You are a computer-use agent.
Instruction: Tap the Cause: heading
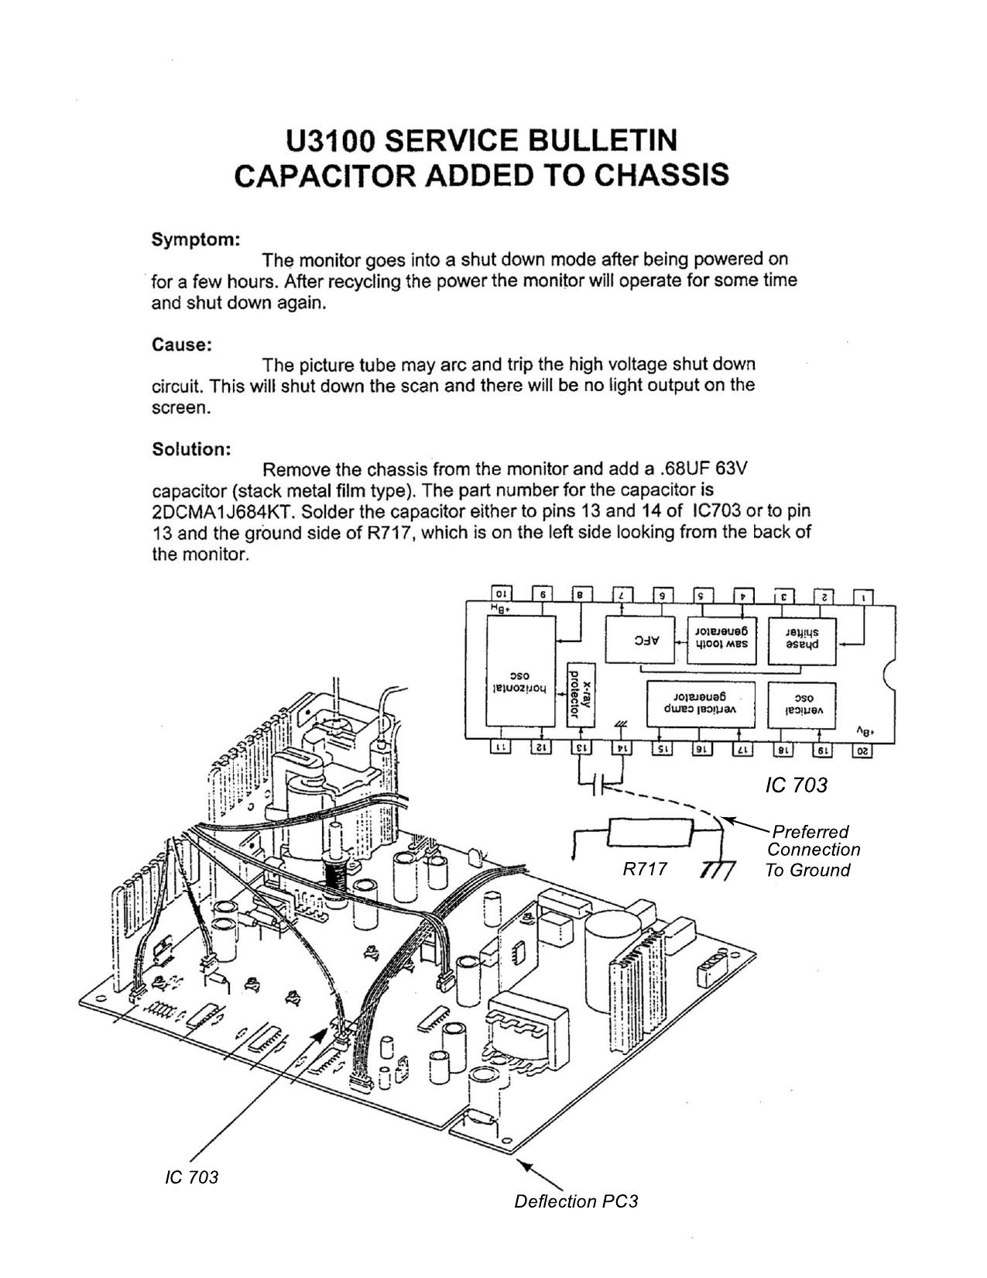(x=182, y=345)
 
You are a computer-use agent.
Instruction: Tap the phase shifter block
(x=802, y=640)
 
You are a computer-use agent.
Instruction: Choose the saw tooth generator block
(x=721, y=640)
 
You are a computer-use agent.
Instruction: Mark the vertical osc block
(x=802, y=704)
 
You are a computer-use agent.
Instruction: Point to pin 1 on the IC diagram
(x=862, y=596)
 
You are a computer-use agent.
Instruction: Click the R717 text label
(x=645, y=870)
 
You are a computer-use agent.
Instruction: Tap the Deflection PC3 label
(x=575, y=1201)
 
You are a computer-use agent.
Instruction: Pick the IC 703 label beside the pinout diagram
(x=796, y=785)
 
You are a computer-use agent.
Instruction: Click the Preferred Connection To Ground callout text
(x=811, y=850)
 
